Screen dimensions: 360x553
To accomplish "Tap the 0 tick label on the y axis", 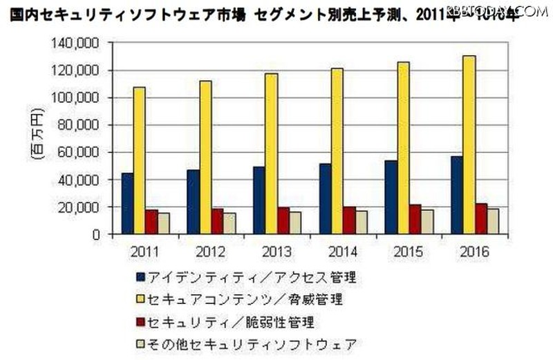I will point(96,234).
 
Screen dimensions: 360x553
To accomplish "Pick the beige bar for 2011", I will point(164,223).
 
